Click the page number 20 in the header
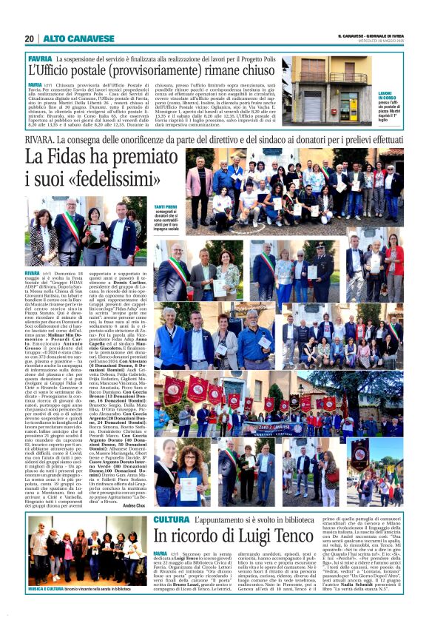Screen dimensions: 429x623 (30, 38)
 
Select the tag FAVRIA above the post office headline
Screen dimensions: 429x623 (39, 58)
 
